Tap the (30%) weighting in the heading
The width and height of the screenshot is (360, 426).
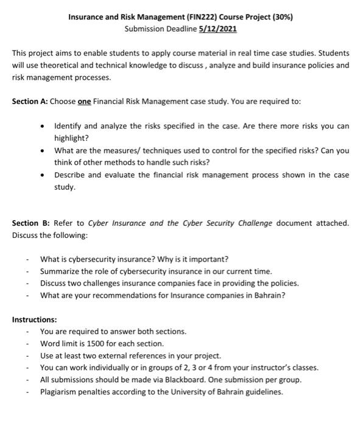pos(280,17)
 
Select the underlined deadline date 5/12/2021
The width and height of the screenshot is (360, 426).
pos(215,29)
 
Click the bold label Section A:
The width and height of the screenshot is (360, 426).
pos(30,102)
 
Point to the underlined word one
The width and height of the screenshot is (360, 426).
pos(85,102)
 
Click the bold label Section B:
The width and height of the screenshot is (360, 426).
pos(30,223)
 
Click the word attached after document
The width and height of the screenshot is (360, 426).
pos(331,223)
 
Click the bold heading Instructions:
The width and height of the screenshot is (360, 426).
pos(34,319)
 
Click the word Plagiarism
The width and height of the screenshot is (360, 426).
pos(61,392)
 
